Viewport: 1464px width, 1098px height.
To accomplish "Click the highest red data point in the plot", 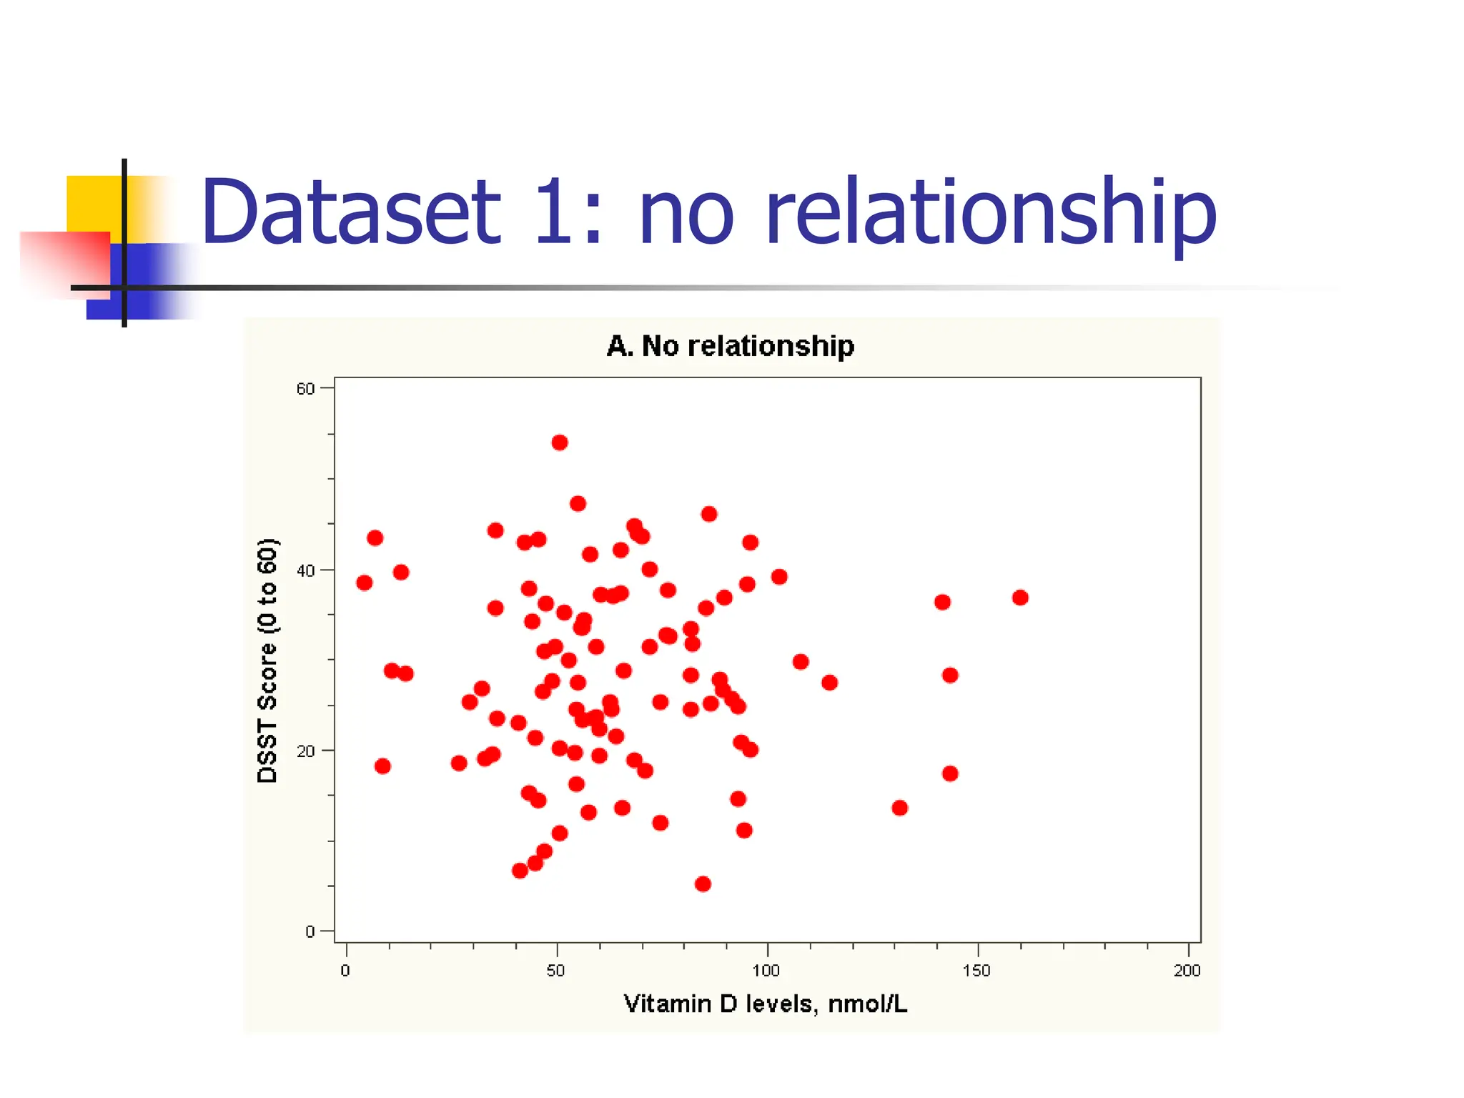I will (x=560, y=442).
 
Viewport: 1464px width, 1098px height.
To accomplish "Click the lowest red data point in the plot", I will (x=703, y=884).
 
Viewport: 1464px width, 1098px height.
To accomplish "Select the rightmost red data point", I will (x=1020, y=597).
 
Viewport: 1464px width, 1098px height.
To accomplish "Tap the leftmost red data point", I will (x=364, y=583).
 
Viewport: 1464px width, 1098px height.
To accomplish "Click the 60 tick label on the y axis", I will (x=305, y=388).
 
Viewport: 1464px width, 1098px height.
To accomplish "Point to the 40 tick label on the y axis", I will (x=305, y=570).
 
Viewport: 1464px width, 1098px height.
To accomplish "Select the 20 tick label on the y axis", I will (x=305, y=751).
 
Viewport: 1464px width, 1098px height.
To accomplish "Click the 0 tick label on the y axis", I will (x=310, y=931).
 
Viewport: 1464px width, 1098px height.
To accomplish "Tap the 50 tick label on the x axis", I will (x=555, y=970).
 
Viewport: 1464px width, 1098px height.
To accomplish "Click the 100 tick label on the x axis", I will (x=766, y=970).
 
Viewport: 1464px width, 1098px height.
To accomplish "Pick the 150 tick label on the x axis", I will (x=976, y=970).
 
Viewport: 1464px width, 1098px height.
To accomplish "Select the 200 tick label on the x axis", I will (x=1187, y=970).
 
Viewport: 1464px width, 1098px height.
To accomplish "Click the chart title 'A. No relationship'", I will (x=730, y=346).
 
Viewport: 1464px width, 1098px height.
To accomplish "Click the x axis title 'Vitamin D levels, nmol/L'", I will (x=765, y=1004).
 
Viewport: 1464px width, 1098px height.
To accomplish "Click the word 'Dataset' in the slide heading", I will (x=350, y=212).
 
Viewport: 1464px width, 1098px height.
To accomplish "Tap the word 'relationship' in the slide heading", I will (x=990, y=212).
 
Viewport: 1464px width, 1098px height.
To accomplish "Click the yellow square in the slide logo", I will (x=93, y=204).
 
